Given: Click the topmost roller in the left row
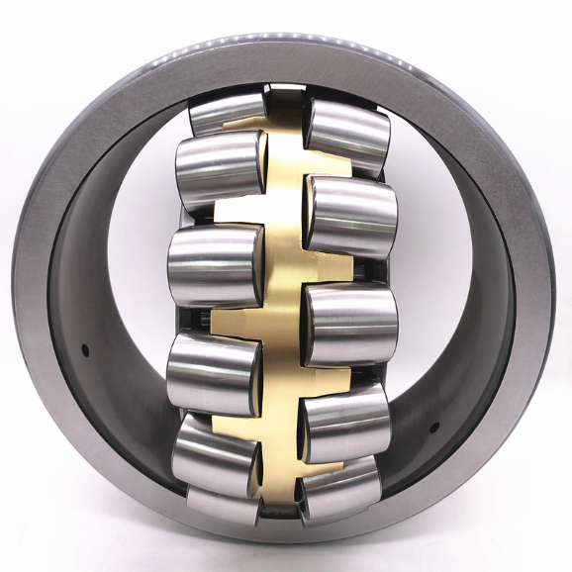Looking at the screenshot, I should click(228, 112).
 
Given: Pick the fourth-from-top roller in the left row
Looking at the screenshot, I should click(214, 372).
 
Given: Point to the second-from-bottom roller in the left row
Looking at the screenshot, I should click(218, 450).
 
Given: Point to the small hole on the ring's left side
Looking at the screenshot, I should click(86, 348).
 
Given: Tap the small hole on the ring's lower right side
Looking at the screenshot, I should click(433, 429).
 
